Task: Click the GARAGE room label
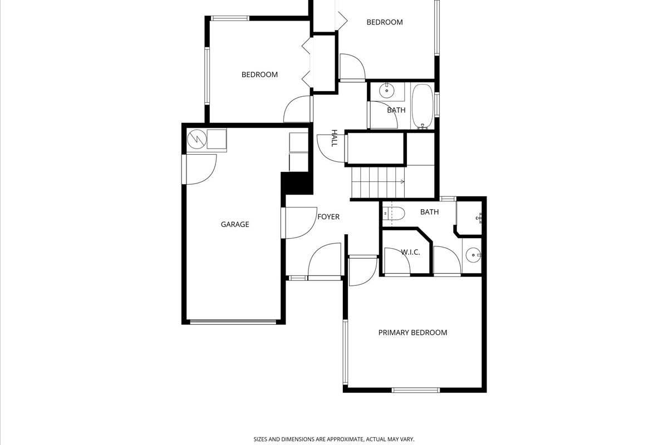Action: (235, 224)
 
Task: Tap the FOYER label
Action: (328, 217)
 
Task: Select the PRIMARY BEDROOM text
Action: (412, 332)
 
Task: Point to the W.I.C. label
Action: (410, 252)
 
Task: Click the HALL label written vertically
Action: (335, 139)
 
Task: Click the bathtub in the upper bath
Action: (423, 106)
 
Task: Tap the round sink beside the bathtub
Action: (387, 90)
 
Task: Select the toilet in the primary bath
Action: (394, 214)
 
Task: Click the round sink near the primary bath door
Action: (474, 255)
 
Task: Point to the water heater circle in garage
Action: (197, 139)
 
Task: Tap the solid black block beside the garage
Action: (297, 183)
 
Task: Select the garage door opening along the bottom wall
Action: (233, 322)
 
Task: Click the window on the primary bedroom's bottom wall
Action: (416, 390)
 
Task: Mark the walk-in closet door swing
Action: (397, 261)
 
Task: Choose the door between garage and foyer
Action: (299, 223)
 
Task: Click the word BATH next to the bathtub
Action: (396, 110)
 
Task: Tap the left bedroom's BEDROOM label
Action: (259, 75)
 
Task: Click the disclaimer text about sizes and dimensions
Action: (334, 439)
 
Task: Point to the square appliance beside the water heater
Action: (217, 139)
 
